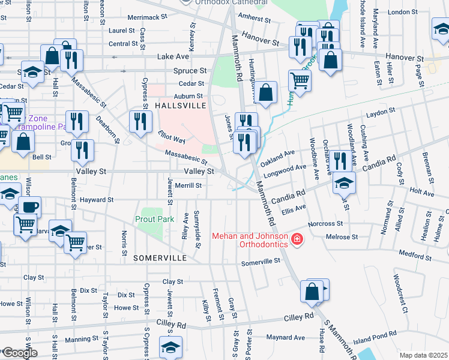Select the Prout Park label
(154, 219)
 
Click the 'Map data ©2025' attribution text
(424, 355)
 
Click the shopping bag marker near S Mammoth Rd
(312, 292)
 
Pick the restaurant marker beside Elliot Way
(142, 122)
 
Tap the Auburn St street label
(188, 96)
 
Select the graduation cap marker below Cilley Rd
(170, 347)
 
